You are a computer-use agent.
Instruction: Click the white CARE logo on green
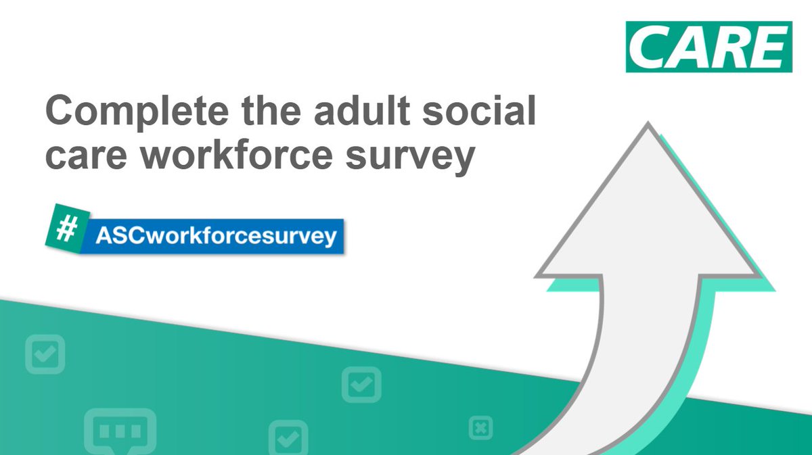[708, 46]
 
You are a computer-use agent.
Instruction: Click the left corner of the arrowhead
[538, 275]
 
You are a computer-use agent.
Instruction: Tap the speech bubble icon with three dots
[120, 430]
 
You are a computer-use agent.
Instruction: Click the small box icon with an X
[480, 427]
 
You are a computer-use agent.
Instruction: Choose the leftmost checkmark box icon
[45, 353]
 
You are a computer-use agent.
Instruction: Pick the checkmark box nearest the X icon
[361, 385]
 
